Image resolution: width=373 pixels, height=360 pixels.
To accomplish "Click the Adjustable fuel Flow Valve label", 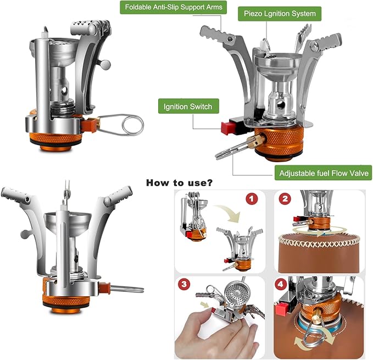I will pyautogui.click(x=323, y=173).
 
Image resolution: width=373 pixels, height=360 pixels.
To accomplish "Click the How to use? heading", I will pyautogui.click(x=179, y=182).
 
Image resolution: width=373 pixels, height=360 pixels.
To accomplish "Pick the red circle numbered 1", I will pyautogui.click(x=252, y=199).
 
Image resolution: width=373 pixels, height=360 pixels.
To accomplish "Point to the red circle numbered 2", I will pyautogui.click(x=285, y=199).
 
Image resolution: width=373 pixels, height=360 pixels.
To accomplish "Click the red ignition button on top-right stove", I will pyautogui.click(x=227, y=128).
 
